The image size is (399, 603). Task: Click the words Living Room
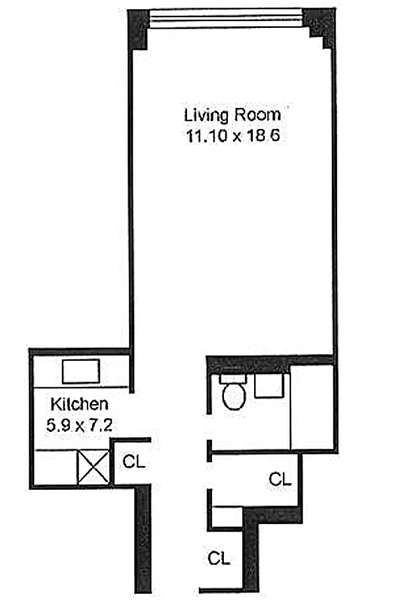click(232, 115)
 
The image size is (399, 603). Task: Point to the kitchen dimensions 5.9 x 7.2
click(80, 424)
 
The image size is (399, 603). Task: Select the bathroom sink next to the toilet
click(268, 386)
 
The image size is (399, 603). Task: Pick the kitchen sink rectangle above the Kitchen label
click(81, 372)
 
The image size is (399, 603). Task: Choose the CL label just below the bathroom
click(280, 478)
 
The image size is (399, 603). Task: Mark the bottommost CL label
click(219, 559)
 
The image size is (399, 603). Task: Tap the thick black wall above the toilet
click(249, 362)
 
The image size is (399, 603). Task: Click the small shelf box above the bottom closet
click(226, 518)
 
